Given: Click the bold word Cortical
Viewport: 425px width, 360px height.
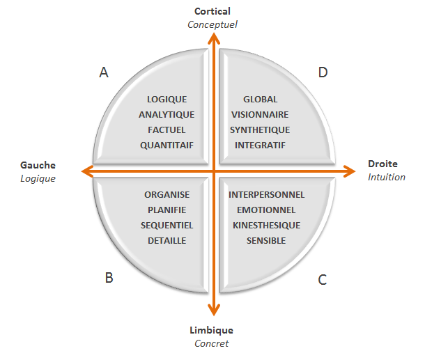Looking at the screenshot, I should point(212,11).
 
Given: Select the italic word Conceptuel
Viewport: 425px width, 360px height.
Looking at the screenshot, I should point(212,24).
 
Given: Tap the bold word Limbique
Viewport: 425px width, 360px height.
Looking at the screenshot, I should point(211,330).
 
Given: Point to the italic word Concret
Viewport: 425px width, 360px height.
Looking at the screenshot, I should point(211,343).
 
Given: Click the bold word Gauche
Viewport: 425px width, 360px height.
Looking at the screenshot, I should point(38,165).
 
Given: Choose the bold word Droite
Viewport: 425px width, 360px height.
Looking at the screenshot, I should point(382,164).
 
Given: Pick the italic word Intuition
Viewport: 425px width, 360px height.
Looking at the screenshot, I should point(387,177).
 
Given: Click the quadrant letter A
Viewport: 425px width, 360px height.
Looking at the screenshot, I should point(104,72).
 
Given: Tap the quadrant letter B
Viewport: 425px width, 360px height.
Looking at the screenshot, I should point(109,278).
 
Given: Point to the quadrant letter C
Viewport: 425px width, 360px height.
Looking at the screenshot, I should point(322,280).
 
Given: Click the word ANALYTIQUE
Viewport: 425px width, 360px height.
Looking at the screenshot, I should point(167,114).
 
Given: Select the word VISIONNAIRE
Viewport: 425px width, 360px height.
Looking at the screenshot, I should point(259,114).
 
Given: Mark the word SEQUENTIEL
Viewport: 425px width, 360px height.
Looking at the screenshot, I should point(167,225).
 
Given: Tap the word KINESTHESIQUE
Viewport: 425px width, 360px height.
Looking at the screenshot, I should point(266,225).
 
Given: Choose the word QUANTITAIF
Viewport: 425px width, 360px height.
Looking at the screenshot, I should point(167,146).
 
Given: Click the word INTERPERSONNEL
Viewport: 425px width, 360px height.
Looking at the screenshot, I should point(266,194).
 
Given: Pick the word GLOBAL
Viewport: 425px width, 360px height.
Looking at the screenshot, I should point(260,99).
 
